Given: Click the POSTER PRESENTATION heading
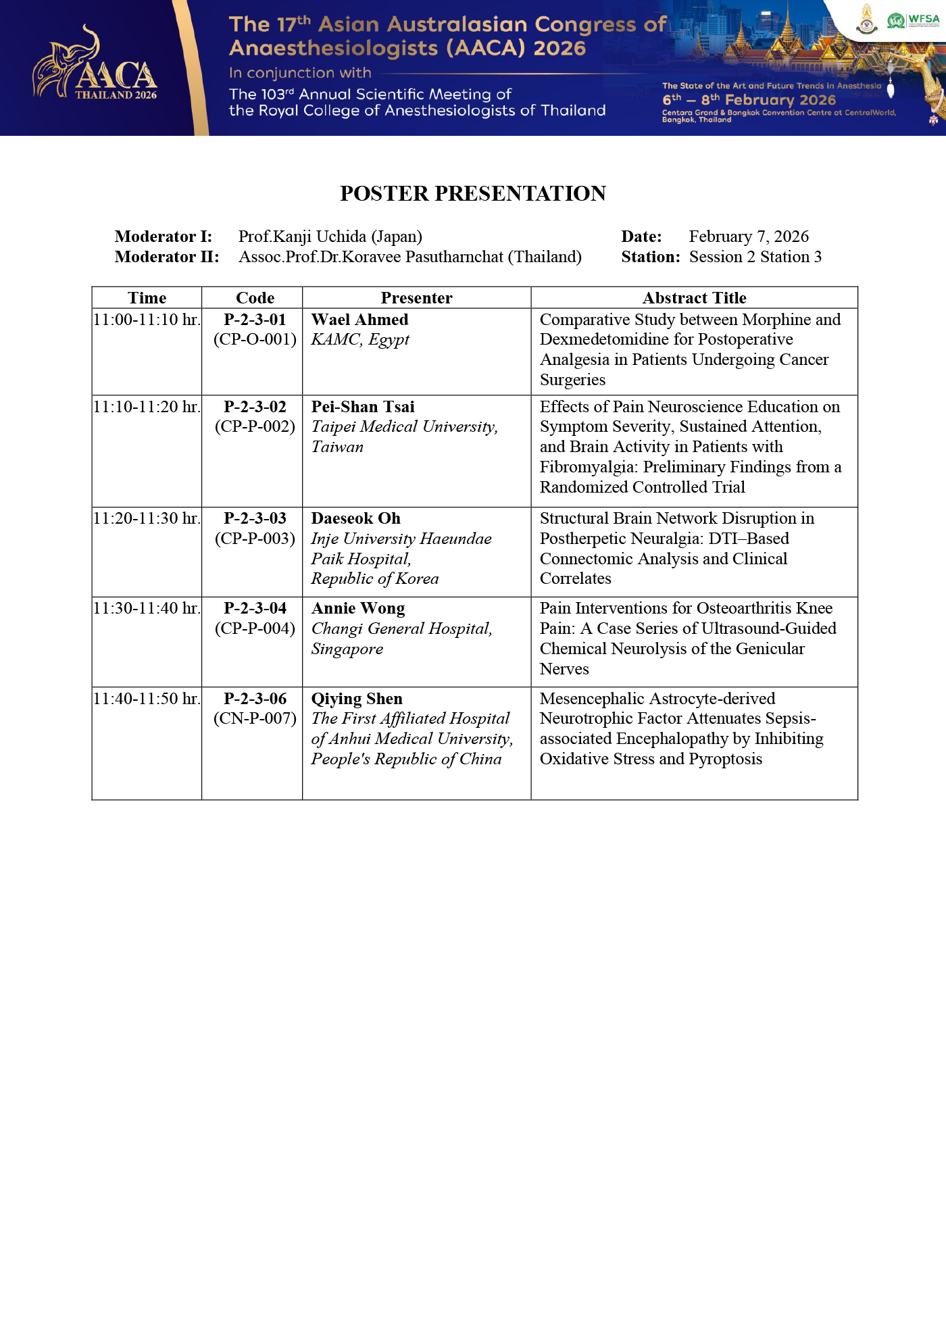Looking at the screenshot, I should coord(473,193).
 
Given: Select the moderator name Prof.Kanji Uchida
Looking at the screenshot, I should coord(330,237).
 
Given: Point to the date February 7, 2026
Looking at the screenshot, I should coord(749,237).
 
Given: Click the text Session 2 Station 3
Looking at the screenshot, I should coord(755,257).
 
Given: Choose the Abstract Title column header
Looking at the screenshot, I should coord(694,298).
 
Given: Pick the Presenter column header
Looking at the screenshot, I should coord(416,298).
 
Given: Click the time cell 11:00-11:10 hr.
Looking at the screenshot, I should coord(147,320).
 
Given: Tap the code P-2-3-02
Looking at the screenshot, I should coord(255,407).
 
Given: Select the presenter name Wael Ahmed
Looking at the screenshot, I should coord(359,320).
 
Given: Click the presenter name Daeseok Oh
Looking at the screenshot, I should coord(355,518).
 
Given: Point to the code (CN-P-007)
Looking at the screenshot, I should coord(255,718).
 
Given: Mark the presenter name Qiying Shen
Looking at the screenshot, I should coord(357,699).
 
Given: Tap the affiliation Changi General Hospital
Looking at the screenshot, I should coord(401,628).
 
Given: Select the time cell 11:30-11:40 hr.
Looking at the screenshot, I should coord(147,608).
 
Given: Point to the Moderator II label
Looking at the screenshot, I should coord(167,257).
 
